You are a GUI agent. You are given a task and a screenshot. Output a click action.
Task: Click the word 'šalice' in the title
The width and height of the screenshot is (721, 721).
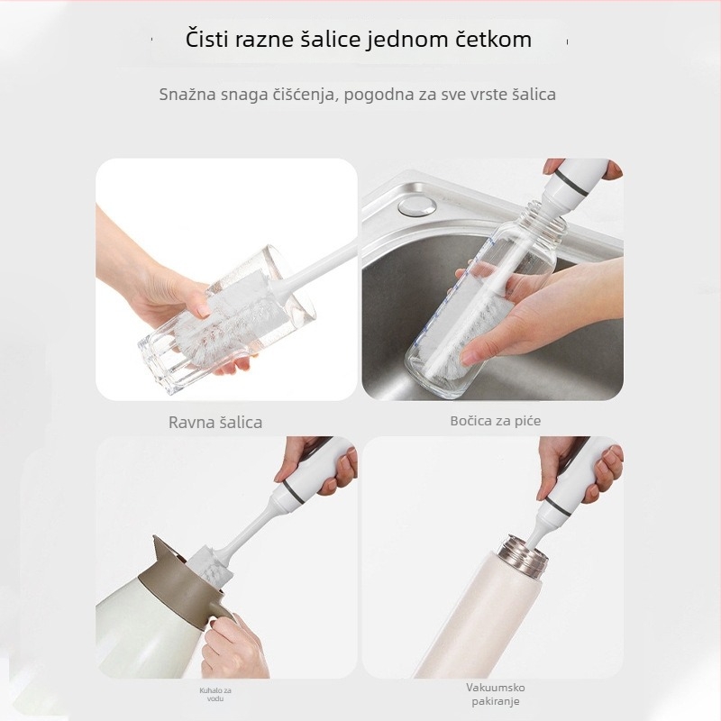click(x=330, y=39)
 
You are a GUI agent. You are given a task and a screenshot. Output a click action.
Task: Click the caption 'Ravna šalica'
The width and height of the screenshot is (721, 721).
click(x=215, y=423)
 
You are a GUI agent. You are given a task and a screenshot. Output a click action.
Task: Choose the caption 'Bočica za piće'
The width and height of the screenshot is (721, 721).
click(x=495, y=421)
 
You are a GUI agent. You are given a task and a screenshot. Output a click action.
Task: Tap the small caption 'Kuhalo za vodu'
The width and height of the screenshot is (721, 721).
click(x=215, y=694)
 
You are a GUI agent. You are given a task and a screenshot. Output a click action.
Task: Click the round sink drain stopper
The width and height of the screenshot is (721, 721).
click(x=417, y=205)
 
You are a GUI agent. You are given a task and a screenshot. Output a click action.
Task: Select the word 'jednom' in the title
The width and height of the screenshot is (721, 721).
click(x=407, y=40)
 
